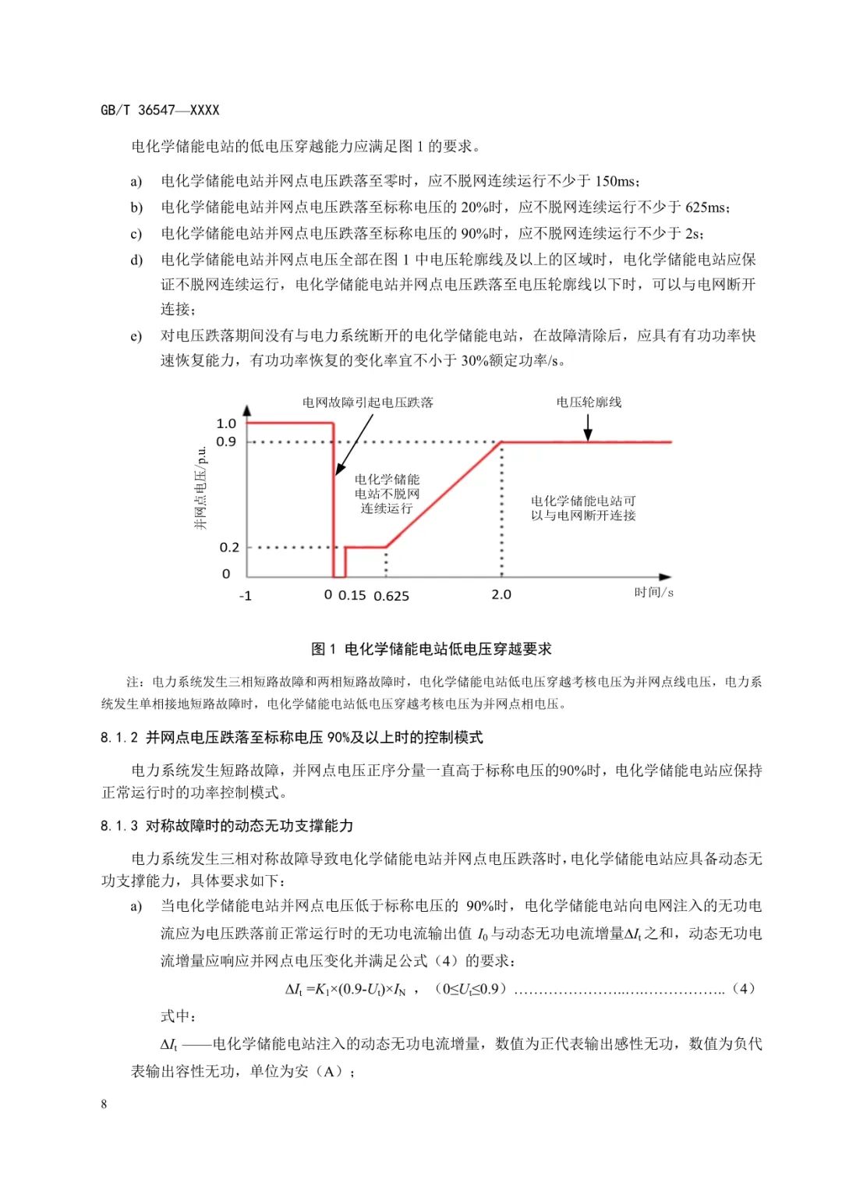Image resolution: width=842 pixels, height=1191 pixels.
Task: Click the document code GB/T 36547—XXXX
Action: [x=160, y=110]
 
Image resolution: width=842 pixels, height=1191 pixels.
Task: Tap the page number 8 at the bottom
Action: [x=104, y=1104]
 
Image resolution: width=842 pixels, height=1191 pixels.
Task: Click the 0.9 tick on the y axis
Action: [x=226, y=441]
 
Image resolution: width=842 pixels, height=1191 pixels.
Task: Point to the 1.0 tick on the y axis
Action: [x=226, y=424]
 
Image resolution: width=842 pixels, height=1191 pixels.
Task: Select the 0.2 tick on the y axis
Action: [x=229, y=548]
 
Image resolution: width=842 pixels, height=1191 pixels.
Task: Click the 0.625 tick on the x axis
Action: [x=391, y=596]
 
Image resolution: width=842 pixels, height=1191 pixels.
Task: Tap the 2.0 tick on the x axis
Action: [x=501, y=594]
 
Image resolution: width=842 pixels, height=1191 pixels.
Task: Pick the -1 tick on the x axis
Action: [x=245, y=596]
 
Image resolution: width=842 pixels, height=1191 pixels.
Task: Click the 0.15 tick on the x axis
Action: [x=352, y=595]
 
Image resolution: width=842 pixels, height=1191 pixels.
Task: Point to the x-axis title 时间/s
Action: [x=653, y=592]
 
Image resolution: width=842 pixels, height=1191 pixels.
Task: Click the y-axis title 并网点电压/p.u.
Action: [x=201, y=488]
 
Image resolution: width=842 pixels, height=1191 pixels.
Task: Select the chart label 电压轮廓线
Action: [x=589, y=402]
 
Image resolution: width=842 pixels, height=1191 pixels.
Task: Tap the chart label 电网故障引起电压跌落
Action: [x=368, y=402]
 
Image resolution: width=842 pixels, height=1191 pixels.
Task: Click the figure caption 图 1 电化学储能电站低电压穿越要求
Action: [x=431, y=649]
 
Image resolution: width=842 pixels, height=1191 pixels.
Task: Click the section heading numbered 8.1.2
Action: [x=292, y=738]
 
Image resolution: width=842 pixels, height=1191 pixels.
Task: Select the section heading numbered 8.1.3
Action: [x=227, y=826]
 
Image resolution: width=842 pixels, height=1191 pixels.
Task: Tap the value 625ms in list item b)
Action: [x=706, y=207]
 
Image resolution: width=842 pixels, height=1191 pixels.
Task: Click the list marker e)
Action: [x=136, y=336]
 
